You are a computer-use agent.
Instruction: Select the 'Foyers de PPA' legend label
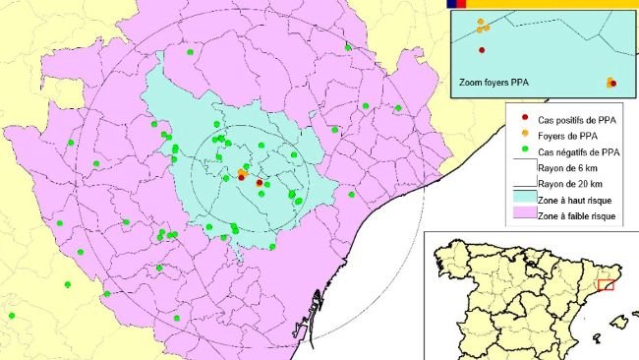(x=566, y=136)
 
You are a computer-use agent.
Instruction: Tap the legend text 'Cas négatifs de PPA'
(x=579, y=151)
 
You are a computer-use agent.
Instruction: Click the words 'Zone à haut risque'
(x=577, y=201)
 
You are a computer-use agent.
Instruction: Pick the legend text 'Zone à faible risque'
(x=580, y=216)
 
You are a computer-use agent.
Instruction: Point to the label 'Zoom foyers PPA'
(x=494, y=84)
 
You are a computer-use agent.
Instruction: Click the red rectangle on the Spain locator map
(x=606, y=285)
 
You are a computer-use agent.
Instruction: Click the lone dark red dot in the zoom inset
(x=482, y=50)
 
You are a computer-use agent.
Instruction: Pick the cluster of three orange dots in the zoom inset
(x=482, y=25)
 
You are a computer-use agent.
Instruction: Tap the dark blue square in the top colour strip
(x=452, y=4)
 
